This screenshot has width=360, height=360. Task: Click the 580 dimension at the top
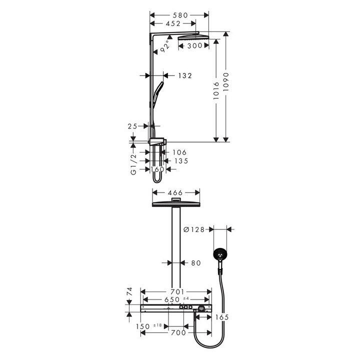coord(179,15)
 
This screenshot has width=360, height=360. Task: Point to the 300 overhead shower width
coord(195,45)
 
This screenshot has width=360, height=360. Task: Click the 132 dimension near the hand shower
coord(185,75)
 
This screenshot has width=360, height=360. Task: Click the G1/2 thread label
coord(133,165)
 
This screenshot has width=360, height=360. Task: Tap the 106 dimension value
coord(179,152)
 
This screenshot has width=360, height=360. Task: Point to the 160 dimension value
coord(157,169)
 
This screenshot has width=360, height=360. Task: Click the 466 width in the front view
coord(175,192)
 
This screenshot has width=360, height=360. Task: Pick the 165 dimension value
coord(223,317)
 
